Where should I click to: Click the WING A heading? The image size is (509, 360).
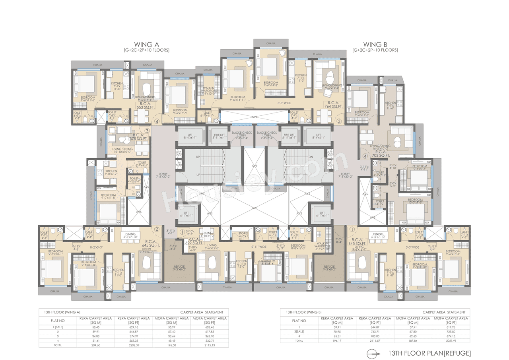tap(146, 45)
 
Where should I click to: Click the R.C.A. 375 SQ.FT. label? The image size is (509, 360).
tap(136, 136)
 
